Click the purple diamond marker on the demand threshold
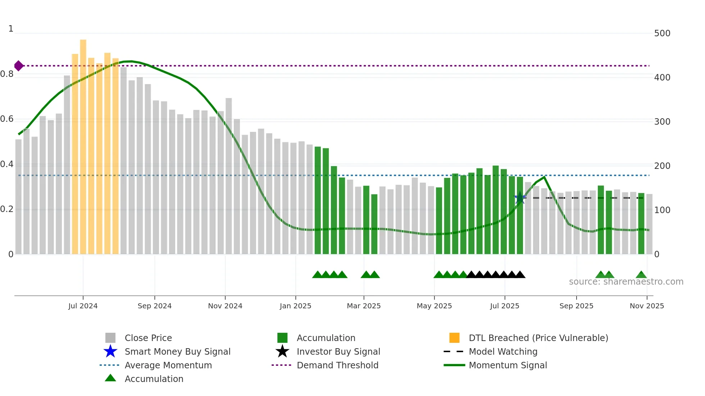(x=19, y=66)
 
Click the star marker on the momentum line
(x=520, y=198)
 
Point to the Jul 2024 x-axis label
(x=83, y=306)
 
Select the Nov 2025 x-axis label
(x=647, y=306)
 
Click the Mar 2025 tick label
(x=364, y=306)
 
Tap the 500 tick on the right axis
(x=662, y=33)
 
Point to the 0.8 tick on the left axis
(x=7, y=74)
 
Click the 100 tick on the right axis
(x=662, y=210)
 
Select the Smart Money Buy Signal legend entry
(x=177, y=351)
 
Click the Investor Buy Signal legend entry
(x=338, y=351)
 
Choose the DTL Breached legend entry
(x=538, y=338)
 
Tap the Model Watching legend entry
(x=503, y=351)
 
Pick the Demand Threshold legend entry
(x=337, y=365)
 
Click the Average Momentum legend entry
(x=168, y=365)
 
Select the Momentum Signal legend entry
(x=508, y=365)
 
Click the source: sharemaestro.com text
(x=626, y=282)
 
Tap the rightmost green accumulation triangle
(x=641, y=275)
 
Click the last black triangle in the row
(x=520, y=275)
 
